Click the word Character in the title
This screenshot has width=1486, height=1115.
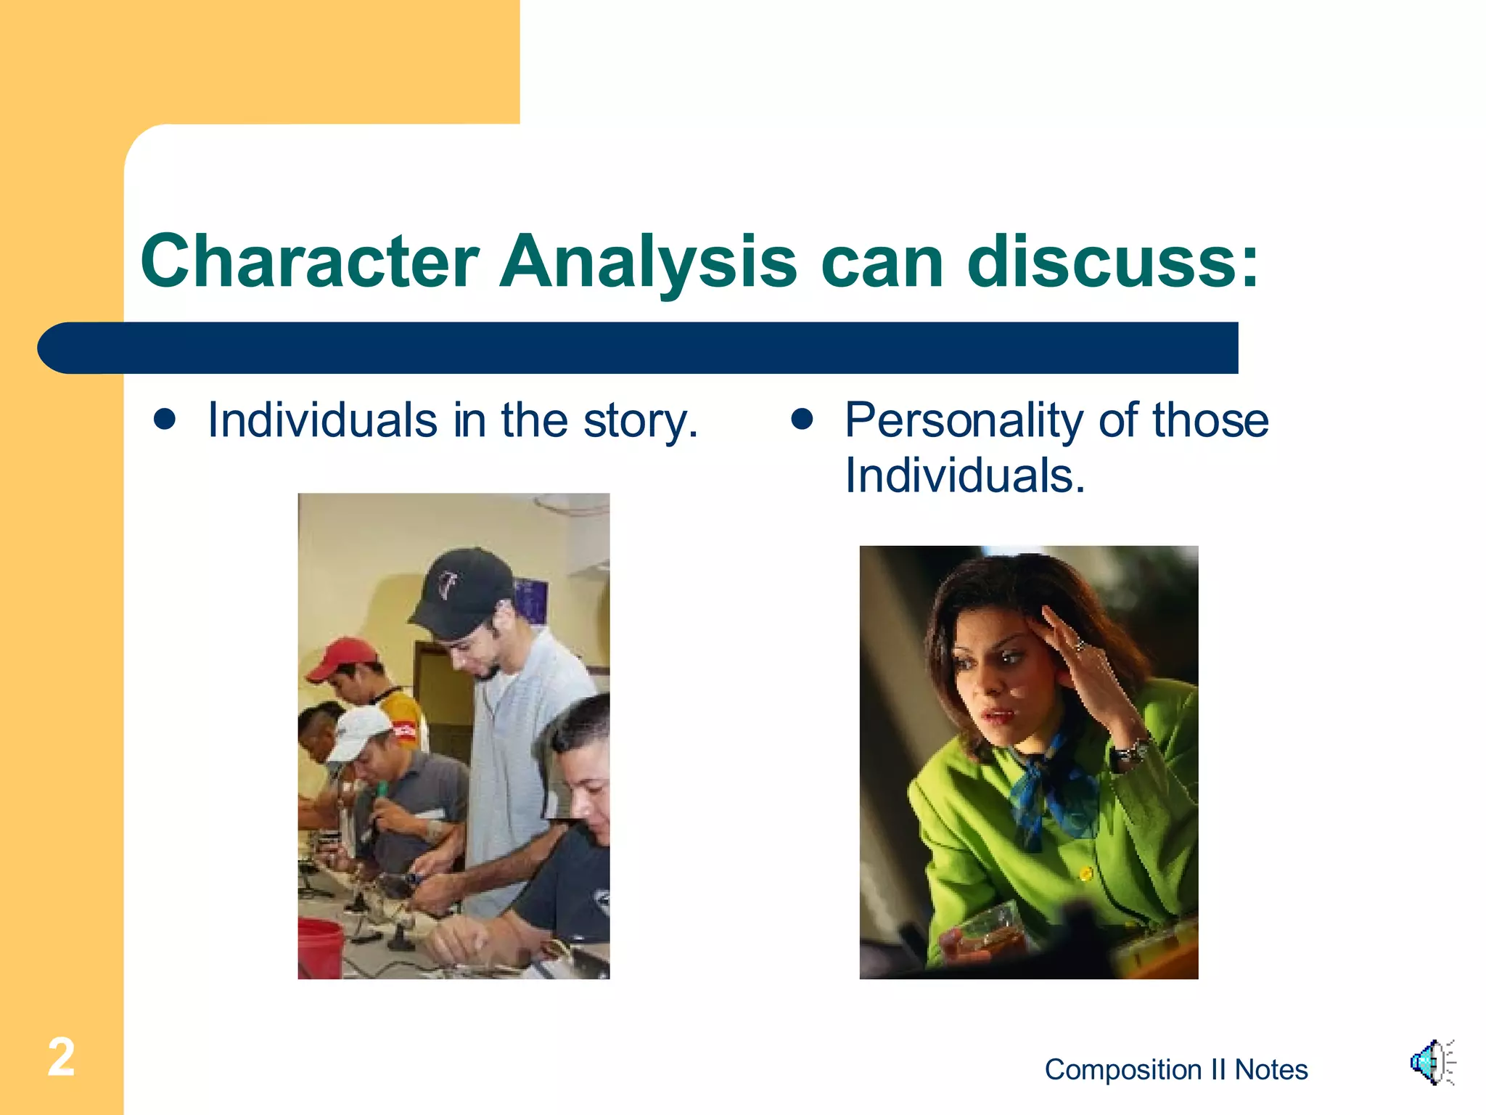tap(310, 261)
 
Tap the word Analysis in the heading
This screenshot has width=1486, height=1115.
tap(648, 261)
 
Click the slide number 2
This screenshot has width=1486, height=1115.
tap(61, 1057)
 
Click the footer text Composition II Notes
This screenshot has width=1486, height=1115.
tap(1175, 1070)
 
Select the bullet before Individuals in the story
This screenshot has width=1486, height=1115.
tap(165, 420)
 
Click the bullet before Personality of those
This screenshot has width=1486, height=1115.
tap(802, 420)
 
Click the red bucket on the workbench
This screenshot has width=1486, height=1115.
tap(319, 947)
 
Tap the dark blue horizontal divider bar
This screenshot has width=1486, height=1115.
tap(639, 348)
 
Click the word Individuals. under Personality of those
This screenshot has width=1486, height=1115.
tap(964, 476)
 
